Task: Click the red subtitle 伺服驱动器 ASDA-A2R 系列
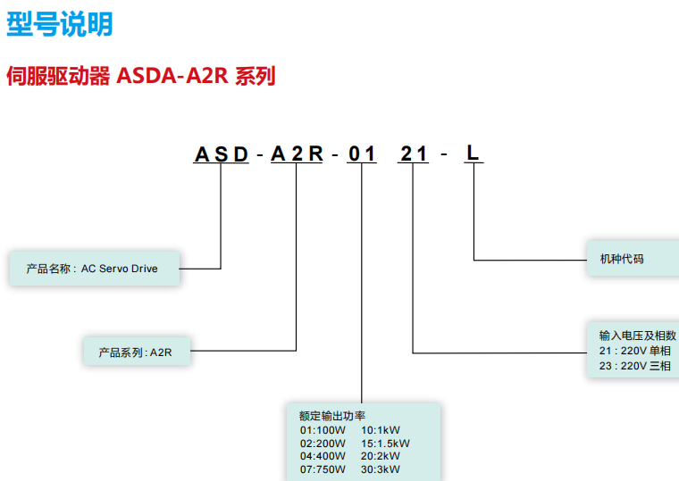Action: [140, 76]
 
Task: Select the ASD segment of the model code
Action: [221, 153]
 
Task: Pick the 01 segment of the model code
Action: [362, 153]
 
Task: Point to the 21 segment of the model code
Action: [414, 153]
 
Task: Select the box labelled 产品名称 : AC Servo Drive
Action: [95, 268]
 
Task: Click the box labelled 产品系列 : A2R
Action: [136, 352]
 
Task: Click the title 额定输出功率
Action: [332, 416]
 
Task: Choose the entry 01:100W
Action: [323, 429]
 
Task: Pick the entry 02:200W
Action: [323, 443]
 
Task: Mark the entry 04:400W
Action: [323, 456]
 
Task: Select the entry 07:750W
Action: [323, 469]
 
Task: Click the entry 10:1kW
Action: [381, 429]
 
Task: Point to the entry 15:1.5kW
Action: [385, 443]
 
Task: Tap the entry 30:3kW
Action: [381, 469]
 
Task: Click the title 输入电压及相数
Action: [637, 336]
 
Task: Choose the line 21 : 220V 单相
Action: [634, 351]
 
